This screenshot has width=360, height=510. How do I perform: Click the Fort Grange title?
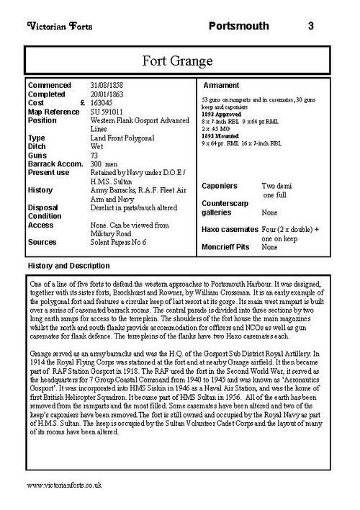point(180,58)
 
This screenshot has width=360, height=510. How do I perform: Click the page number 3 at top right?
point(310,27)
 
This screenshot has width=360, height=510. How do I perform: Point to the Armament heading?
point(222,85)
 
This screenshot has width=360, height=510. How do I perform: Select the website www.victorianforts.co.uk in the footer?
point(68,486)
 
